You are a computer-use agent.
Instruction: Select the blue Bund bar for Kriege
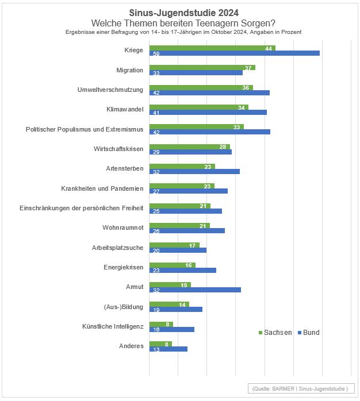[234, 53]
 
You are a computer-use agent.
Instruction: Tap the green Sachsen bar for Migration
[202, 68]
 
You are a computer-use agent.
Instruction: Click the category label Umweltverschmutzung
[110, 90]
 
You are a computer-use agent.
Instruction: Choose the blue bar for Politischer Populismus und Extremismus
[209, 132]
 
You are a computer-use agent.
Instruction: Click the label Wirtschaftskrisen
[118, 149]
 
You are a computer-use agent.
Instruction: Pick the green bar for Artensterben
[182, 166]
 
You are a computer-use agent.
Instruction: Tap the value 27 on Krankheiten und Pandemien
[155, 191]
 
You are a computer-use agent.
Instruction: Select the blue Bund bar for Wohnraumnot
[187, 231]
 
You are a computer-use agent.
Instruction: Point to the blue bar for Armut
[195, 290]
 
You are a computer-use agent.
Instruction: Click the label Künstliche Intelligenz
[112, 327]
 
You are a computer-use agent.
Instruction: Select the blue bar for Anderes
[168, 349]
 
